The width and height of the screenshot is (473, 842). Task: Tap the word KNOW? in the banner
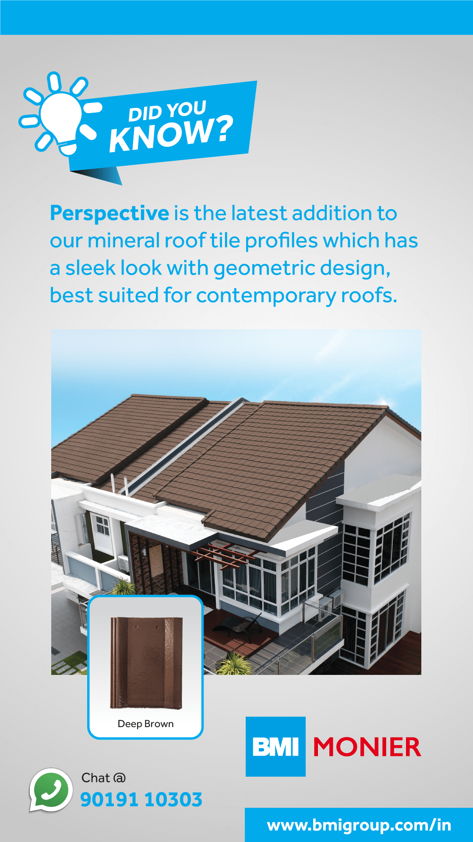171,133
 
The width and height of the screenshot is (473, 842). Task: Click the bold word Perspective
109,214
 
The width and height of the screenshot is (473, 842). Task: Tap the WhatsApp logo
51,790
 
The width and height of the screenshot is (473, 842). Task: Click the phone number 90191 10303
141,799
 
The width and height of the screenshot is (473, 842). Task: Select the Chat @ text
103,778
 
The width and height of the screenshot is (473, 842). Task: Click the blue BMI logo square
275,746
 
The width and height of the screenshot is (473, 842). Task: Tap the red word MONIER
367,747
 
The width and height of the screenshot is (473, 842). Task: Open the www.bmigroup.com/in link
359,825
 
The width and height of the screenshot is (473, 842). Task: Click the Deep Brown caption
145,724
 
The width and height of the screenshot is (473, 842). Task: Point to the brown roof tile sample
146,663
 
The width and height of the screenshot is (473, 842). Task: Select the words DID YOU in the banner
167,111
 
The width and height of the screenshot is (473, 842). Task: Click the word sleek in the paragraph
91,268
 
